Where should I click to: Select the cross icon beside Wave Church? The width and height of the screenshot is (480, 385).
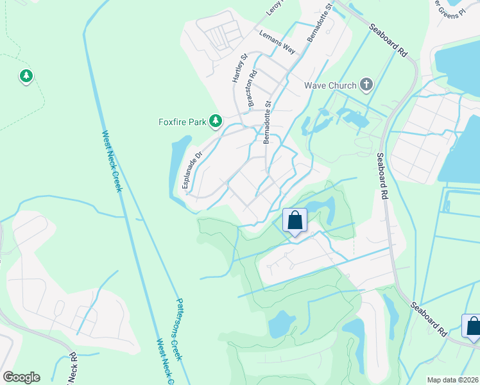click(x=366, y=85)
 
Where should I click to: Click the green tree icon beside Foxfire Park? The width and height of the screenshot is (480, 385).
click(x=216, y=121)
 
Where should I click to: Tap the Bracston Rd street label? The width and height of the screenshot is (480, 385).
click(x=252, y=87)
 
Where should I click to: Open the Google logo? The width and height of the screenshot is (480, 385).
click(x=21, y=377)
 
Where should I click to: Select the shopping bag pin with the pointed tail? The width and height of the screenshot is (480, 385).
click(x=295, y=221)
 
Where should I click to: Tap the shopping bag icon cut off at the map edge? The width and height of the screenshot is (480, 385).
click(x=472, y=326)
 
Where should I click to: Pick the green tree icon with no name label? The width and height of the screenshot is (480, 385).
click(x=26, y=76)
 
